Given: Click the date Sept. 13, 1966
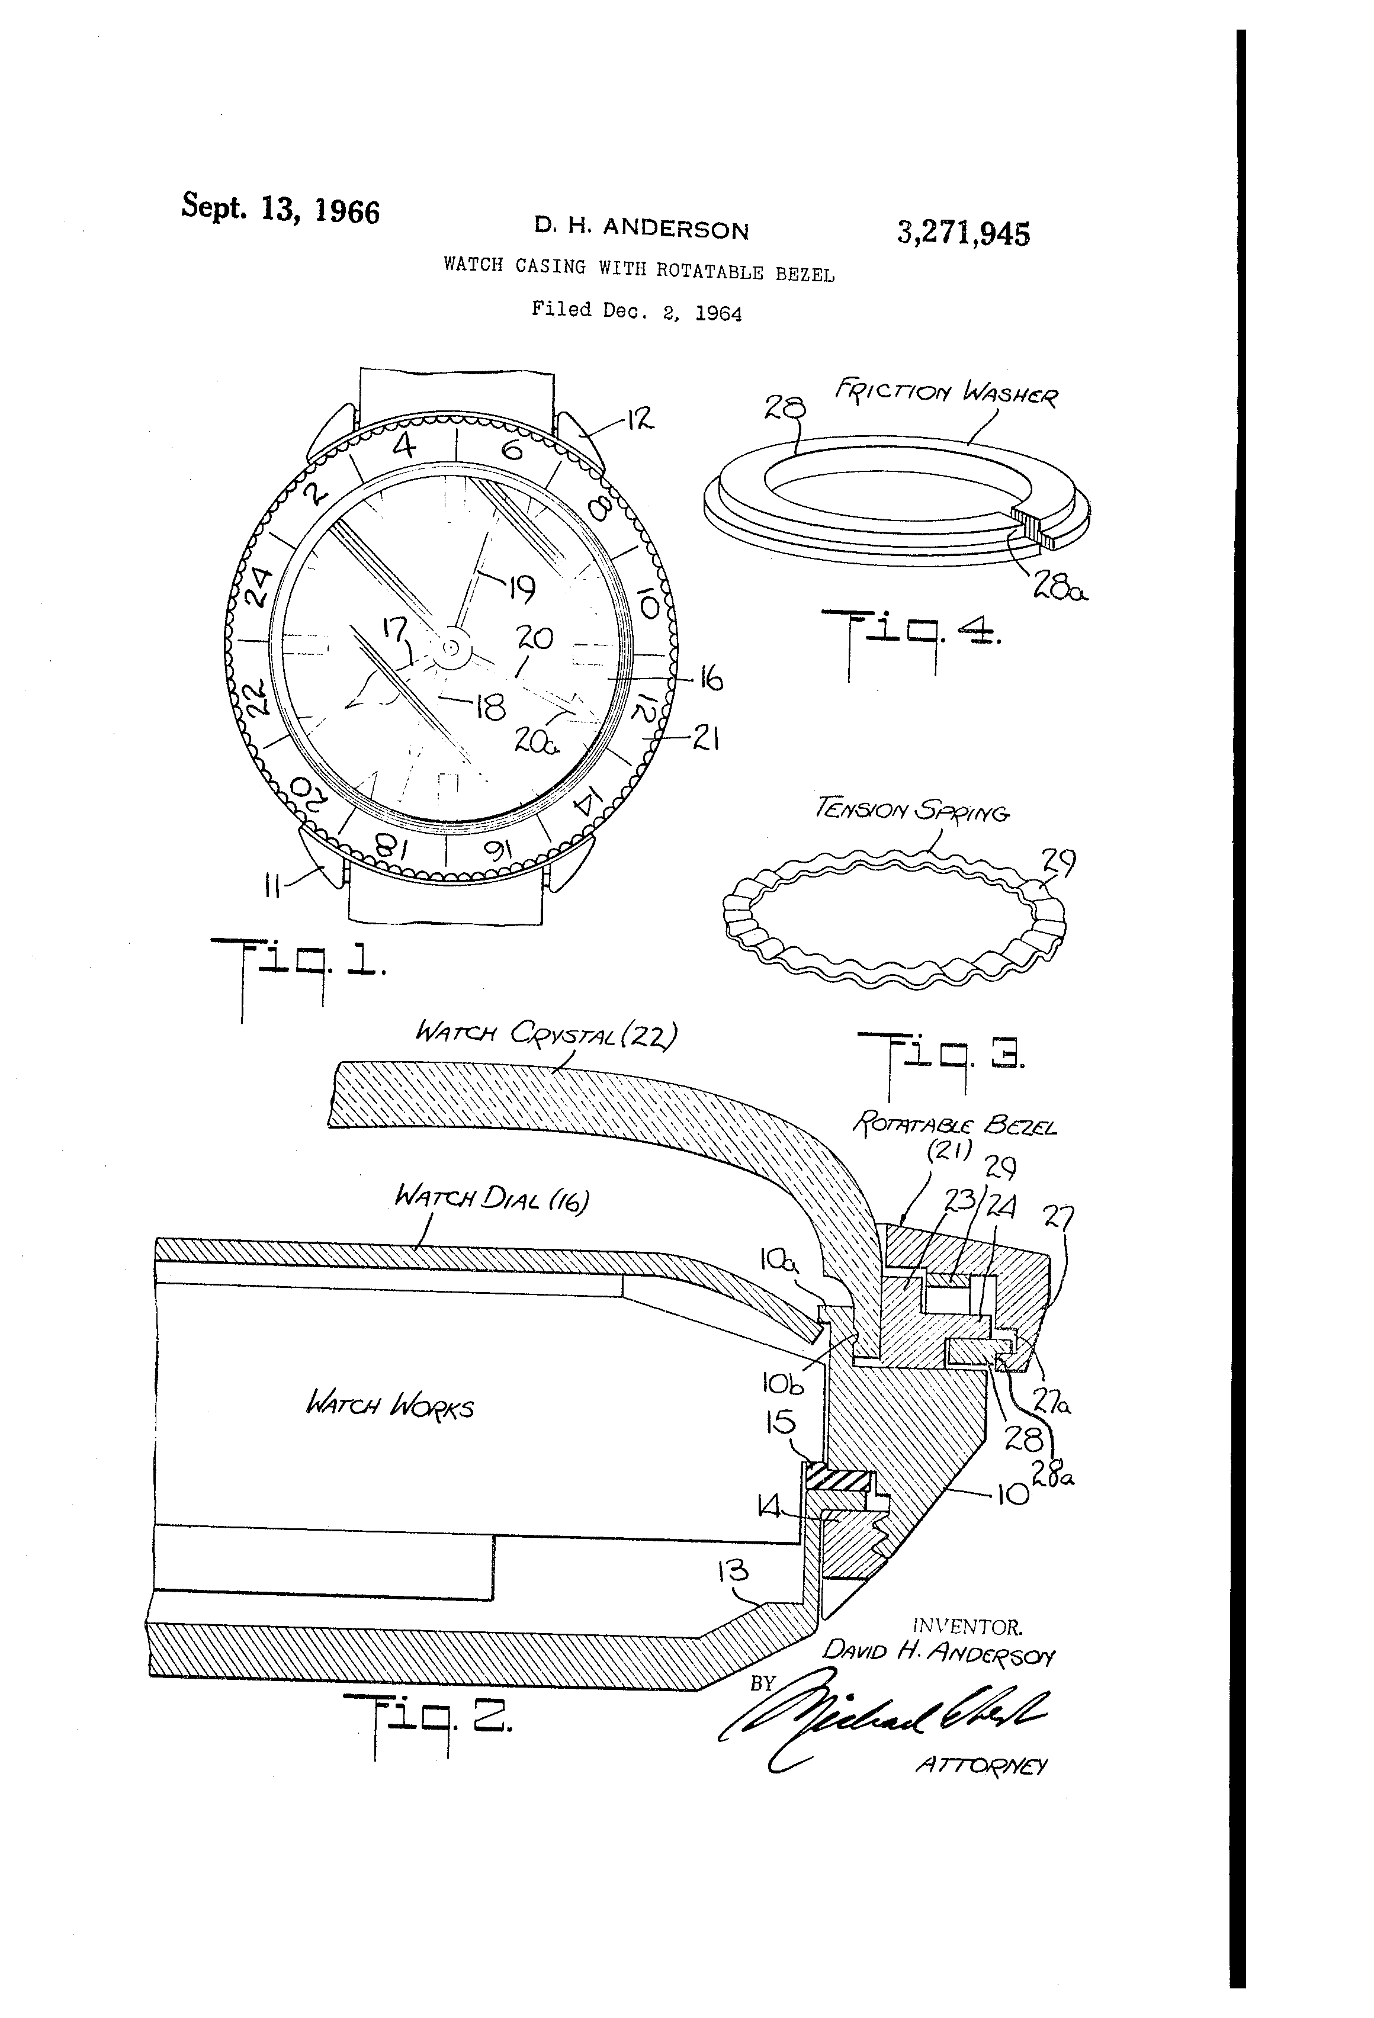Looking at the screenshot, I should pos(280,208).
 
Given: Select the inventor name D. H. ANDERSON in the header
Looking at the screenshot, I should pos(641,229).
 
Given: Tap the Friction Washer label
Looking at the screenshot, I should pos(946,393).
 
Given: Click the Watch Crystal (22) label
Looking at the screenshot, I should pos(545,1033).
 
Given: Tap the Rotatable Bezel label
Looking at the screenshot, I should pos(955,1126).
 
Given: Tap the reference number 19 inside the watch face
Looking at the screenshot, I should pos(520,590).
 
